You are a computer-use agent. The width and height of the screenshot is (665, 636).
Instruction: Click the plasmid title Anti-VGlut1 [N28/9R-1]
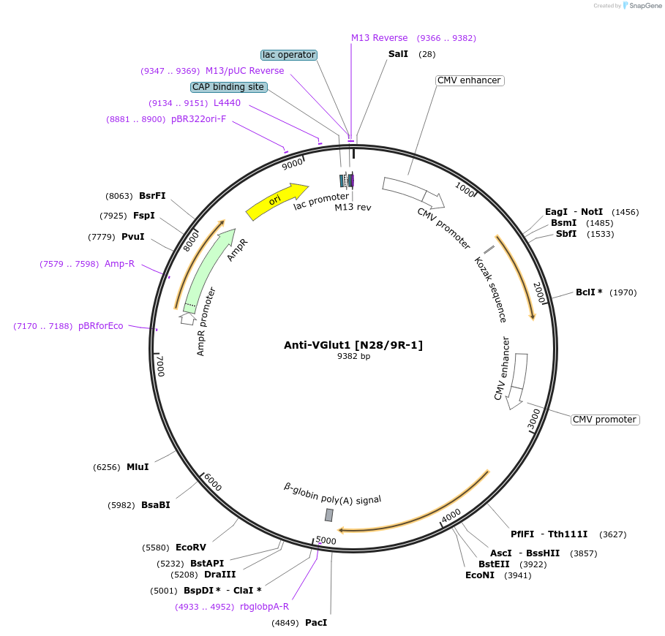[353, 345]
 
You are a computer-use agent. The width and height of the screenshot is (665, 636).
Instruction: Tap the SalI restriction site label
[399, 54]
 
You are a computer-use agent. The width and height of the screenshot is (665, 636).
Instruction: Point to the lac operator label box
[289, 55]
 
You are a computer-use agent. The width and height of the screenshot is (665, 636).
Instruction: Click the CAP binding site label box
[228, 87]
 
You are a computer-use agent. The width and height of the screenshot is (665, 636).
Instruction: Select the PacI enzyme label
[316, 623]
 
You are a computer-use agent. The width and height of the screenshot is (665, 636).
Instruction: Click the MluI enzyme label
[138, 467]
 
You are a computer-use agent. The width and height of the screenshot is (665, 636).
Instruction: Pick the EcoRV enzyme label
[191, 548]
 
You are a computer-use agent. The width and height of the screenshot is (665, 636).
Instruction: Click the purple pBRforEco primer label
[101, 326]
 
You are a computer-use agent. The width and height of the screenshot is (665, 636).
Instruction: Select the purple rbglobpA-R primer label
[264, 606]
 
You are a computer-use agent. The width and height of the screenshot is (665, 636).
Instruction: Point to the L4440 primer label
[227, 103]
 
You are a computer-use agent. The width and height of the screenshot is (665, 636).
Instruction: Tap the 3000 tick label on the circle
[534, 419]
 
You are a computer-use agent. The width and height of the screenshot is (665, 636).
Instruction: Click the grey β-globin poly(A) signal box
[329, 515]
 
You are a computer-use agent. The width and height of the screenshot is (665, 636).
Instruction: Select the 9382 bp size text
[353, 357]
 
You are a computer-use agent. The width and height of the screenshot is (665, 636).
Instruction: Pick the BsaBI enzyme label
[155, 505]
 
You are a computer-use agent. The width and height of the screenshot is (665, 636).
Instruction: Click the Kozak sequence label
[490, 289]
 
